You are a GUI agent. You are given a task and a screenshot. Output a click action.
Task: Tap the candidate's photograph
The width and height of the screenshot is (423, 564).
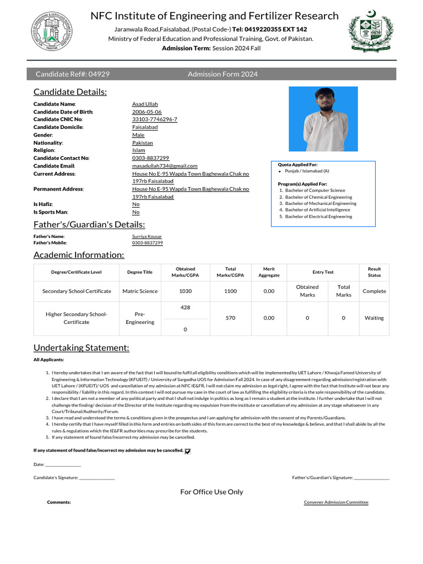(x=323, y=119)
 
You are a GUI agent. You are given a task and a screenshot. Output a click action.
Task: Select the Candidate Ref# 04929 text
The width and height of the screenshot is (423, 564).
(x=72, y=74)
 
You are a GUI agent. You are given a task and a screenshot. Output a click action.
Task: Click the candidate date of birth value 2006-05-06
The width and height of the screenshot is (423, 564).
(x=147, y=112)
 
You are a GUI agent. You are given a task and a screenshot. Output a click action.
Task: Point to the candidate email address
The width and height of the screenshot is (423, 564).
(x=165, y=166)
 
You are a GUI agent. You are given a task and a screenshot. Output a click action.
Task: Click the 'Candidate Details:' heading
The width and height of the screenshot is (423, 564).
(x=70, y=92)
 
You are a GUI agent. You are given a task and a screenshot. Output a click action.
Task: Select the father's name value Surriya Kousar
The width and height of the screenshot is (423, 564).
(x=147, y=236)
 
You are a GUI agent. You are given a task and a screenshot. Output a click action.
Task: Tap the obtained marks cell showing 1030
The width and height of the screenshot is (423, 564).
(x=185, y=291)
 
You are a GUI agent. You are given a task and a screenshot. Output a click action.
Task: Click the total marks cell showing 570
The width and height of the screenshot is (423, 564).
(x=230, y=318)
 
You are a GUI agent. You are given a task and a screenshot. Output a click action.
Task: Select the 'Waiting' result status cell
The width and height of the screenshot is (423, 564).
(x=374, y=318)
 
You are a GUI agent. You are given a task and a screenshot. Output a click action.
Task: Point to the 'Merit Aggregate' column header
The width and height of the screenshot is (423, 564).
(x=269, y=272)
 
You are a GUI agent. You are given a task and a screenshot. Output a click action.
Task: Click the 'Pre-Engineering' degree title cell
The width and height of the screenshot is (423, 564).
(x=140, y=318)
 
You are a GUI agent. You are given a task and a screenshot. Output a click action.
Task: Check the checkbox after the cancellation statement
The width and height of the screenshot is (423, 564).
(x=188, y=451)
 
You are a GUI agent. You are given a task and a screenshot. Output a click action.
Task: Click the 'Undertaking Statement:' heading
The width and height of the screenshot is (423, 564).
(x=82, y=348)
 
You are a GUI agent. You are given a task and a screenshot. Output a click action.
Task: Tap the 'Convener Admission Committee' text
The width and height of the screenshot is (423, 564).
(x=336, y=502)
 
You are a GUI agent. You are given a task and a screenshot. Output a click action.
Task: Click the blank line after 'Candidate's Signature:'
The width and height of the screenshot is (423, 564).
(x=97, y=478)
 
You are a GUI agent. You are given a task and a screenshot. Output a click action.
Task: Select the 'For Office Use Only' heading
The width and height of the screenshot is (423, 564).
(x=211, y=492)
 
